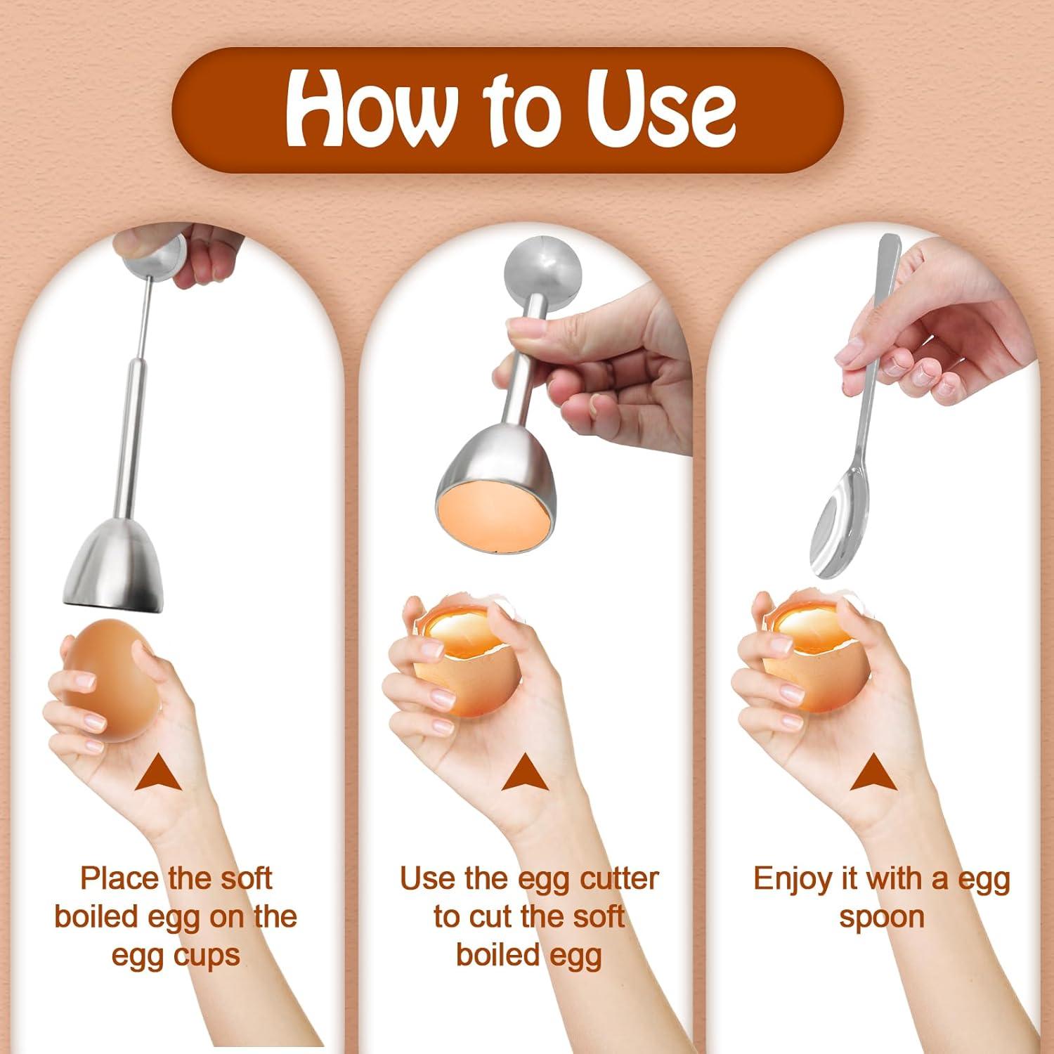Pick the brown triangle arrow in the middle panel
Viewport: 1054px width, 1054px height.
coord(524,773)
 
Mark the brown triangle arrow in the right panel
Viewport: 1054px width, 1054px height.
coord(873,773)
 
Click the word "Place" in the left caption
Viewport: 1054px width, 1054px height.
coord(119,878)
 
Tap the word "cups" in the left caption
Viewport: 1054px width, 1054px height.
coord(207,956)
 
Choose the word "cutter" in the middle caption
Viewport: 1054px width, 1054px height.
coord(619,878)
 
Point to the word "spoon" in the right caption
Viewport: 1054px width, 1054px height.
coord(881,917)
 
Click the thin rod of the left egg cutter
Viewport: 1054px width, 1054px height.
coord(144,316)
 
